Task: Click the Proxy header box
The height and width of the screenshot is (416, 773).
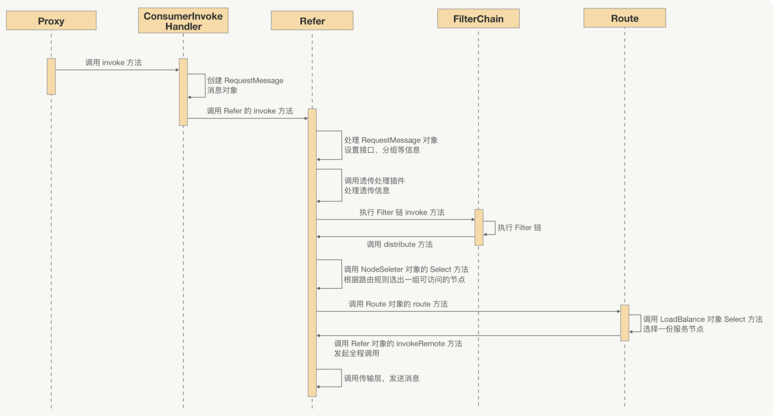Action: tap(51, 21)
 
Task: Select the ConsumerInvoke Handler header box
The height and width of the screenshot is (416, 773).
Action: tap(183, 21)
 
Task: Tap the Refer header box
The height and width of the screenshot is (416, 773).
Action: tap(312, 21)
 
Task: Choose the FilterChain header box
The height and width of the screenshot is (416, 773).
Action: tap(478, 20)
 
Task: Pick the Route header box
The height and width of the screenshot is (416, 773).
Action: tap(624, 19)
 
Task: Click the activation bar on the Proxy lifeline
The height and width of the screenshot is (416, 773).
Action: tap(51, 76)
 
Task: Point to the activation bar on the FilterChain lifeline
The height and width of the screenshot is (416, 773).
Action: tap(479, 227)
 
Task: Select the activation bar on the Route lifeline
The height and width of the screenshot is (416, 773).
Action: tap(625, 323)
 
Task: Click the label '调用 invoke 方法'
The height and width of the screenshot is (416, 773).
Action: tap(114, 63)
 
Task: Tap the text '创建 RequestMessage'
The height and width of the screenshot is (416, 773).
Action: tap(245, 81)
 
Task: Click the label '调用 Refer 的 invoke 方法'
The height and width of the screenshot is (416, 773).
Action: tap(250, 111)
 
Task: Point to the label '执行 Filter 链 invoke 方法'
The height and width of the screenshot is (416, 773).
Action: tap(402, 212)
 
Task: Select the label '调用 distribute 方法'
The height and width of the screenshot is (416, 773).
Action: tap(399, 244)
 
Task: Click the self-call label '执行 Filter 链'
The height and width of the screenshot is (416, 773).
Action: tap(519, 227)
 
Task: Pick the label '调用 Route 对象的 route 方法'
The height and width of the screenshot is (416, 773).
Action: tap(398, 304)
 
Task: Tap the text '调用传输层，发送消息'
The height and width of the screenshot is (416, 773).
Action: tap(382, 379)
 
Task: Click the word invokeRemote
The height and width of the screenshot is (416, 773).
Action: tap(421, 344)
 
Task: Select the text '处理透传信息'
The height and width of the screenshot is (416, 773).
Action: tap(367, 191)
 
